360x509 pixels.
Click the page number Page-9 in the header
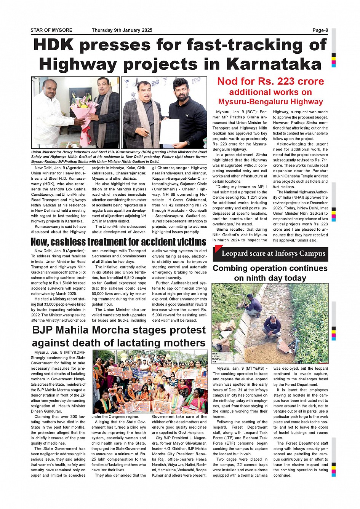pyautogui.click(x=320, y=30)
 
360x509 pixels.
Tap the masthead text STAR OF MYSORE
pyautogui.click(x=51, y=30)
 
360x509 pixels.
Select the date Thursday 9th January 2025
pyautogui.click(x=122, y=30)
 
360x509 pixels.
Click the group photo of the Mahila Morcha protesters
pyautogui.click(x=150, y=382)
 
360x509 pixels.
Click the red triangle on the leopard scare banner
pyautogui.click(x=218, y=248)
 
